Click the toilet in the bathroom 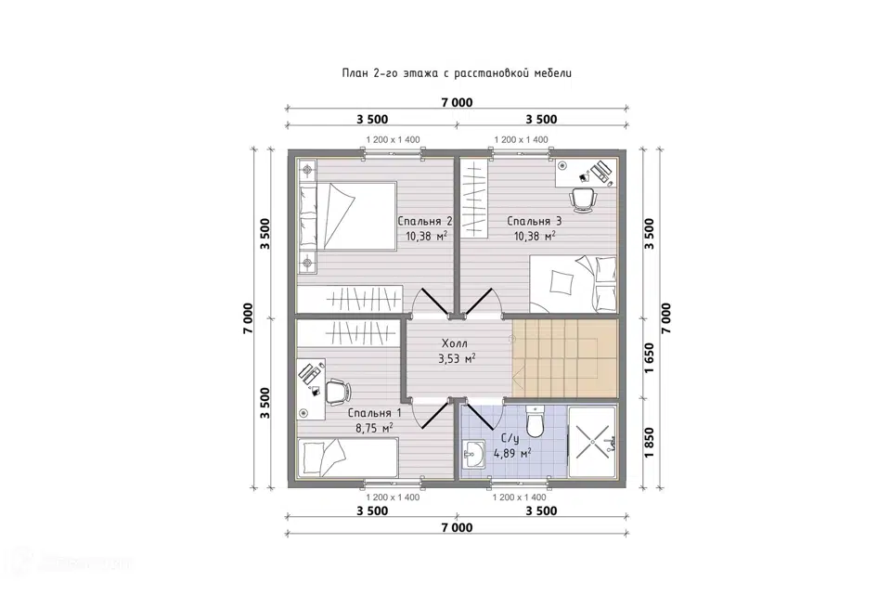pyautogui.click(x=535, y=421)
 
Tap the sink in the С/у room pyautogui.click(x=472, y=454)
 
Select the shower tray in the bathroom pyautogui.click(x=591, y=441)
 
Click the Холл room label pyautogui.click(x=455, y=343)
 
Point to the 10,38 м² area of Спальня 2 pyautogui.click(x=426, y=236)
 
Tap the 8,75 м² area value pyautogui.click(x=374, y=428)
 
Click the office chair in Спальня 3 pyautogui.click(x=584, y=200)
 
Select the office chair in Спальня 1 pyautogui.click(x=338, y=392)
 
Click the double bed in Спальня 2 pyautogui.click(x=346, y=216)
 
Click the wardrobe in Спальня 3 pyautogui.click(x=474, y=199)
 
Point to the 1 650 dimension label pyautogui.click(x=650, y=357)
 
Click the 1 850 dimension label pyautogui.click(x=650, y=442)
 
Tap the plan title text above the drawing pyautogui.click(x=457, y=73)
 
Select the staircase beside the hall pyautogui.click(x=564, y=357)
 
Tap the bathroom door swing pyautogui.click(x=482, y=417)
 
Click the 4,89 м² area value pyautogui.click(x=512, y=453)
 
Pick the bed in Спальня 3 pyautogui.click(x=574, y=284)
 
